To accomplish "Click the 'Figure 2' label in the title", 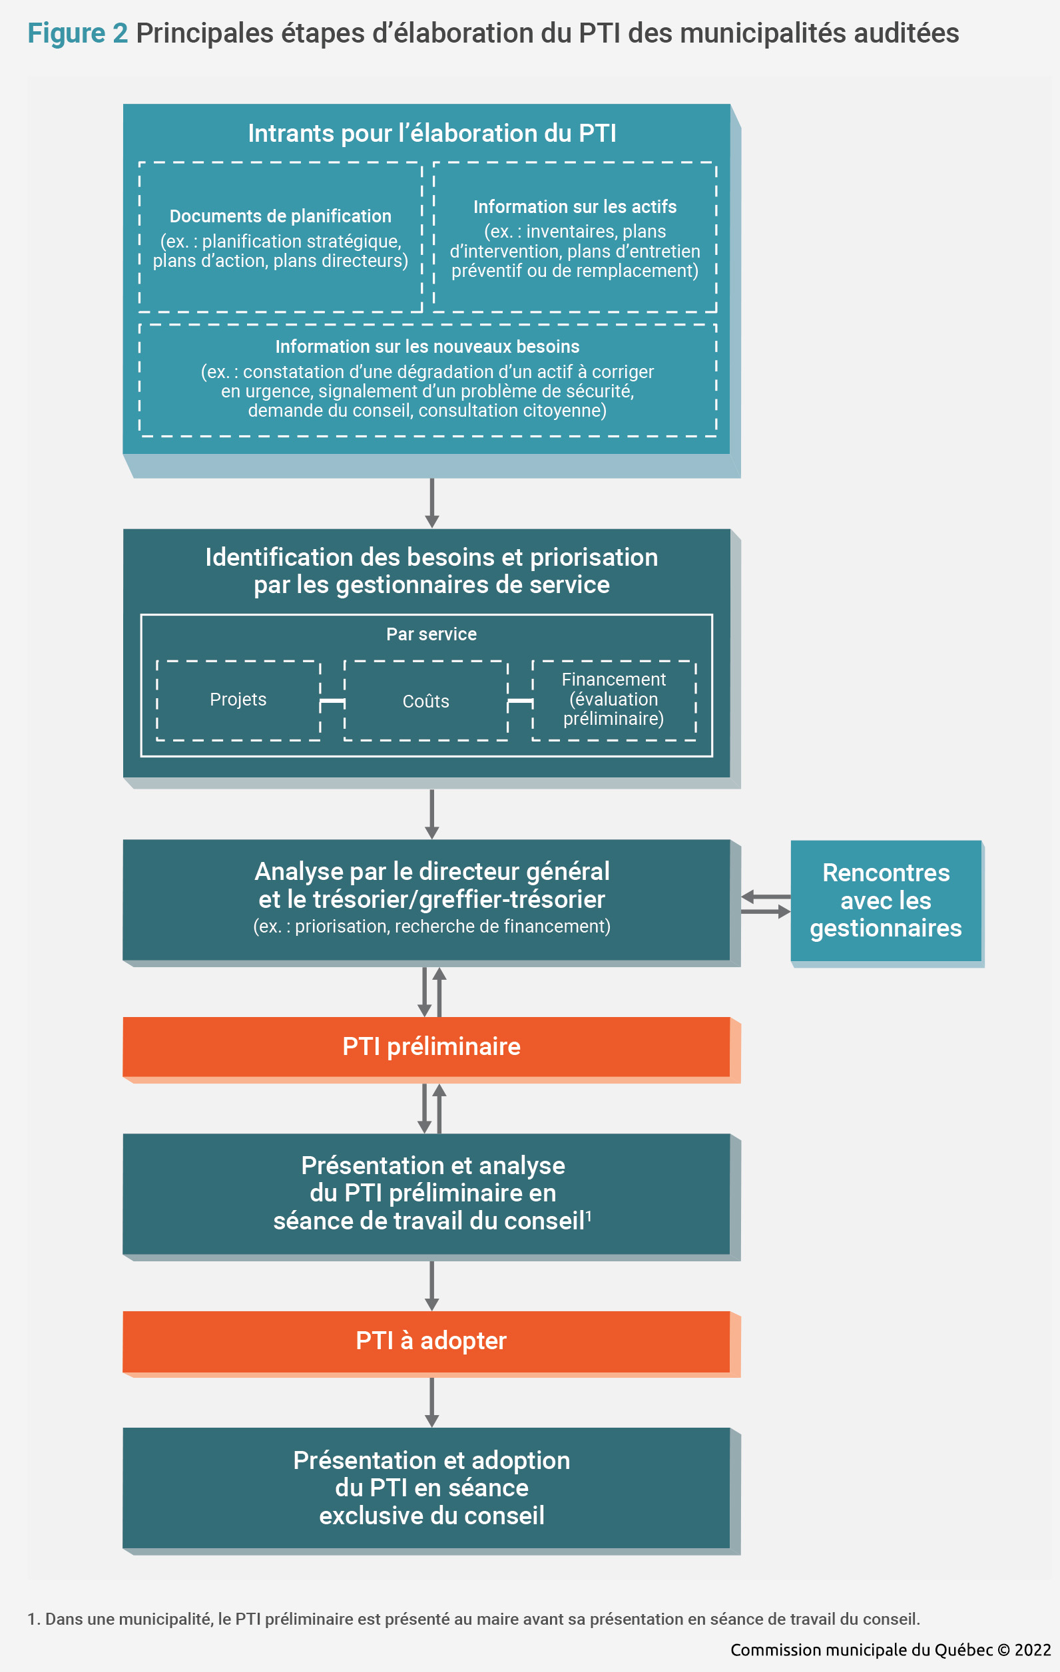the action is (77, 33).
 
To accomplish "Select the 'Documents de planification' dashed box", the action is (280, 237).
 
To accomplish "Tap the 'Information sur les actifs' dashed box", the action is (575, 237).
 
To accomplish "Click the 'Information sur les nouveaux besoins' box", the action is (428, 380).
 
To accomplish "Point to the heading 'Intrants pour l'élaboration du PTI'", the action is (432, 133).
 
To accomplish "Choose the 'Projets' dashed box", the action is (238, 700).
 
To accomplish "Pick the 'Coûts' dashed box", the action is (426, 700).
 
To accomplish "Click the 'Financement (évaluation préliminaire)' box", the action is (614, 700).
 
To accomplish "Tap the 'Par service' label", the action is (431, 634).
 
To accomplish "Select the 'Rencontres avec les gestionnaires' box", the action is (886, 901).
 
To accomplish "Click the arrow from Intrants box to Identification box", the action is (432, 503).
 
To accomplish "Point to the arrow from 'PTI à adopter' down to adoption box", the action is (432, 1402).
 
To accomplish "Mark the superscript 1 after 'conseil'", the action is (589, 1215).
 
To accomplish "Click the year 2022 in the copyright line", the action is (1033, 1650).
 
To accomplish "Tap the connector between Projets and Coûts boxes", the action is (333, 703).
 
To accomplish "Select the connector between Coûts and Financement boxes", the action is (520, 703).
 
